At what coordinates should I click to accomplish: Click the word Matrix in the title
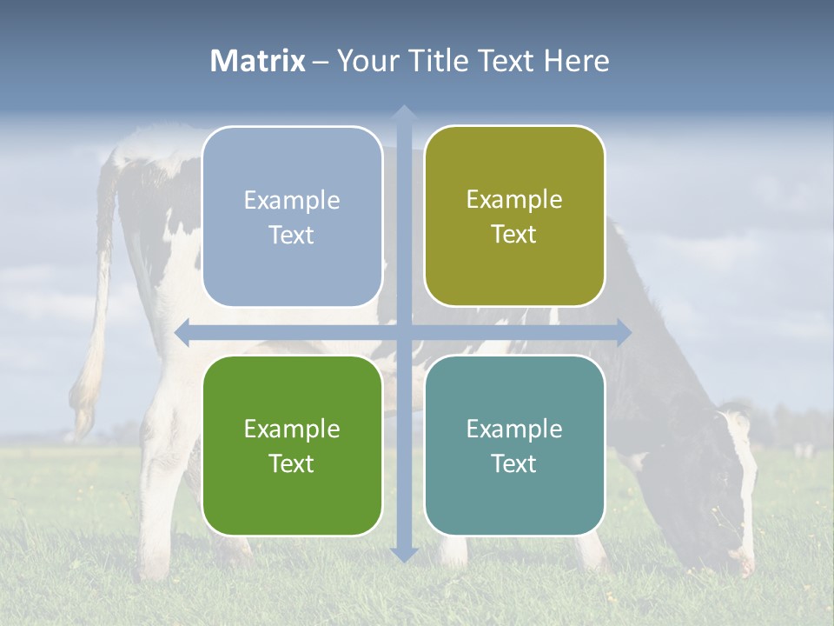tap(258, 61)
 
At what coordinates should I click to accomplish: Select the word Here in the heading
tap(576, 61)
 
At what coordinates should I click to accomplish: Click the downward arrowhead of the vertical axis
tap(403, 554)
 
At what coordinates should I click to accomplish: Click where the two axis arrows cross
tap(403, 332)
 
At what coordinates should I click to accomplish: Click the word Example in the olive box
tap(514, 200)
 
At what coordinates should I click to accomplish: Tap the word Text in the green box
tap(292, 463)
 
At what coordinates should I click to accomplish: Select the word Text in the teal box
tap(514, 463)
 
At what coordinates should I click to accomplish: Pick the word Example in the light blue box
tap(292, 201)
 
